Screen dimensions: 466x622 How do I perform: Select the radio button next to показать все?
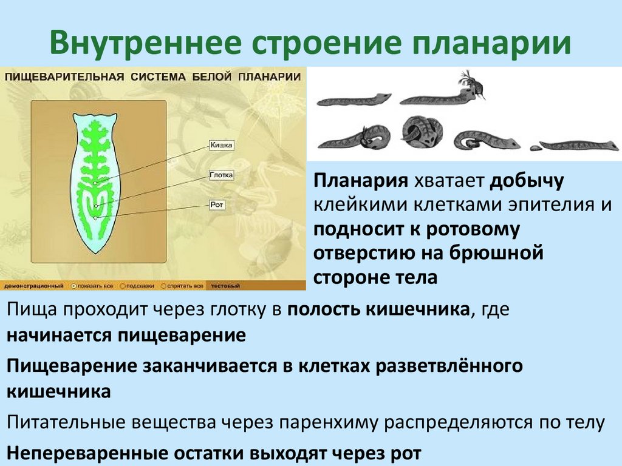(74, 285)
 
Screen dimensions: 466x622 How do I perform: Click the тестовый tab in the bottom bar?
(226, 285)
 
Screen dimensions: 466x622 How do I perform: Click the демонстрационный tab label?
(34, 285)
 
